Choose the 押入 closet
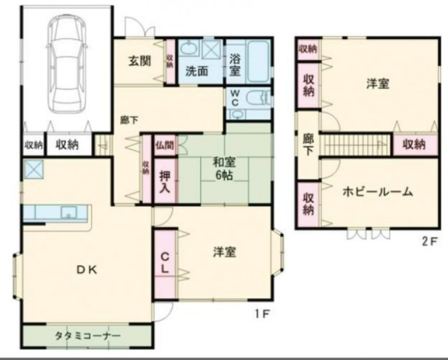pos(165,181)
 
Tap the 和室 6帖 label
pos(224,169)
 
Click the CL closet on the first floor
pos(165,263)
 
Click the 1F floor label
pos(263,313)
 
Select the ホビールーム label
pos(378,191)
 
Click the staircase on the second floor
pos(357,144)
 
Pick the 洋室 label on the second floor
pos(378,84)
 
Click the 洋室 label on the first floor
pos(224,252)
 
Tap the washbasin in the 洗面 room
pos(189,49)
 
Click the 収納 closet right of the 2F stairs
pos(414,145)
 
